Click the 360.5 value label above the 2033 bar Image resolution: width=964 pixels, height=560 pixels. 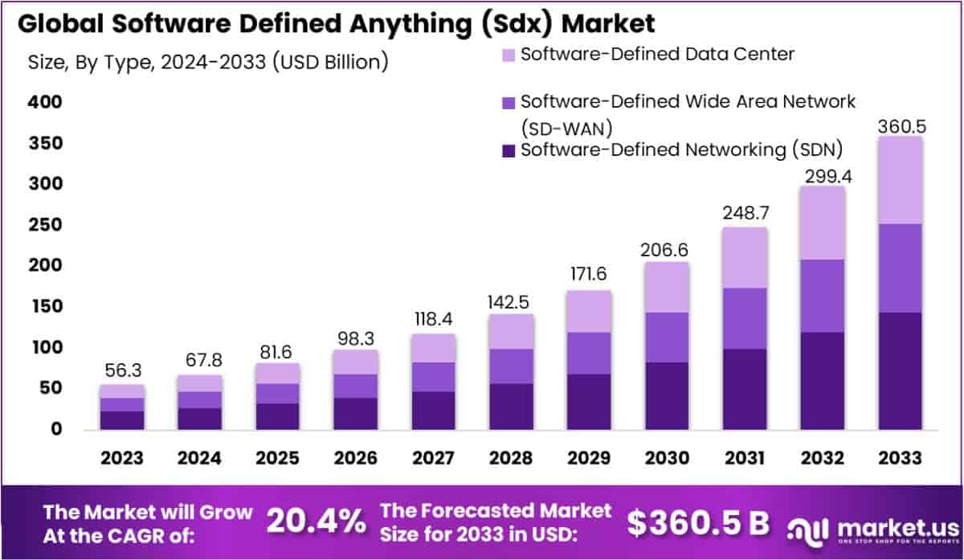(x=900, y=126)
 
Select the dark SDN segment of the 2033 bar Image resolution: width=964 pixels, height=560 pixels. (x=900, y=370)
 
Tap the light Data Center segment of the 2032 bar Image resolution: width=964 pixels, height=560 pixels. (x=822, y=223)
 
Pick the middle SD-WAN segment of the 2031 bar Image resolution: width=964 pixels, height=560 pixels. (x=744, y=318)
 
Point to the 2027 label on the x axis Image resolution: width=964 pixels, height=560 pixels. (x=433, y=457)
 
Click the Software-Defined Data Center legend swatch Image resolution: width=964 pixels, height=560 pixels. (x=509, y=55)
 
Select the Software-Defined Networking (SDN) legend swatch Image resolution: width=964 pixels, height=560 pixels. (x=509, y=150)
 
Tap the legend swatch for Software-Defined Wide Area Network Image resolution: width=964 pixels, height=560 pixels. (x=509, y=103)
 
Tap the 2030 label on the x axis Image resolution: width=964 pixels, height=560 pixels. (x=666, y=457)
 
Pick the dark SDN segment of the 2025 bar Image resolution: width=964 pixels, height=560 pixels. (x=277, y=416)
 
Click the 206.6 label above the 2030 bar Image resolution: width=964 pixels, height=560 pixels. (x=666, y=250)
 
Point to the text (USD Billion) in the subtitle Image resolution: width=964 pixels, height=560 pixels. (x=330, y=62)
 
